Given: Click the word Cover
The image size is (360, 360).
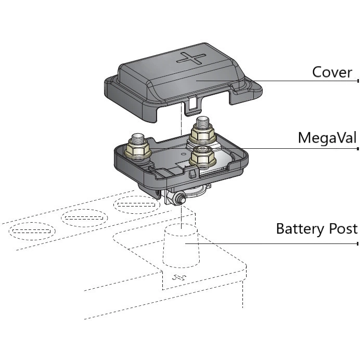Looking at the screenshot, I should (332, 72).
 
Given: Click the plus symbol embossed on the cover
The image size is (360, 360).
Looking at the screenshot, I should (190, 58).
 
